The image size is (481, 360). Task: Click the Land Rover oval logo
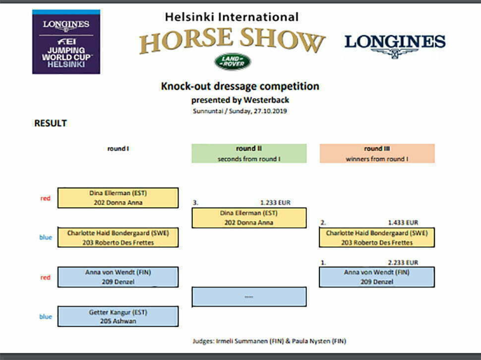(x=233, y=61)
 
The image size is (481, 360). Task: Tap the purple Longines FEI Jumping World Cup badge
(x=66, y=42)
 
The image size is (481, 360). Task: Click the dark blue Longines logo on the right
(x=395, y=46)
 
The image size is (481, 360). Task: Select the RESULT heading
(x=51, y=123)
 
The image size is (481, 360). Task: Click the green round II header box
(x=249, y=153)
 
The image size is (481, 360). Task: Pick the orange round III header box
(x=377, y=153)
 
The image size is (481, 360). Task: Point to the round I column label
(x=118, y=149)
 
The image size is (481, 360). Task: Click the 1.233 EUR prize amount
(x=275, y=203)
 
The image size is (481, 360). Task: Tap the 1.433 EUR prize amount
(x=403, y=223)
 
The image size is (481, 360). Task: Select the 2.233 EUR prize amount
(x=403, y=262)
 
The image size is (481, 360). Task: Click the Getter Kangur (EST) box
(x=118, y=316)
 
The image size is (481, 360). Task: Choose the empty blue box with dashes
(x=249, y=297)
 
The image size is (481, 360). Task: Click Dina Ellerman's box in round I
(x=118, y=198)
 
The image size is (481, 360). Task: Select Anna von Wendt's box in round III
(x=377, y=277)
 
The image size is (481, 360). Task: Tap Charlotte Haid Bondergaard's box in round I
(x=118, y=238)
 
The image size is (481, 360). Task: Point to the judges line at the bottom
(x=269, y=341)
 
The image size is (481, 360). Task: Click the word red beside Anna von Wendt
(x=46, y=278)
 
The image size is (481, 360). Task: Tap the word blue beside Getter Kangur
(x=46, y=316)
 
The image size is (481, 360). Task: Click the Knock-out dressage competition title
(x=240, y=86)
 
